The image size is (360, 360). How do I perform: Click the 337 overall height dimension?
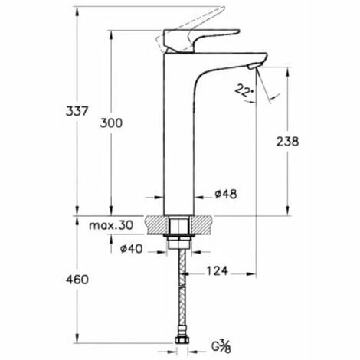[77, 111]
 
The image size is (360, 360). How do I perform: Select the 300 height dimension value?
[111, 123]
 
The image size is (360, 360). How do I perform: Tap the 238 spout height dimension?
[287, 142]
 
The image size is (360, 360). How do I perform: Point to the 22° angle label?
[244, 90]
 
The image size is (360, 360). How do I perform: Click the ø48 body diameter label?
[226, 195]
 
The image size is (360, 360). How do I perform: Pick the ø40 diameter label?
[132, 249]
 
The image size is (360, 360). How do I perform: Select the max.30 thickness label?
[111, 225]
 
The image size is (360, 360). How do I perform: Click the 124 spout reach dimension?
[217, 271]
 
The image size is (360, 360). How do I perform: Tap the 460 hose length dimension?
[77, 280]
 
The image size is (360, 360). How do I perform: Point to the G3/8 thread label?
[221, 346]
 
